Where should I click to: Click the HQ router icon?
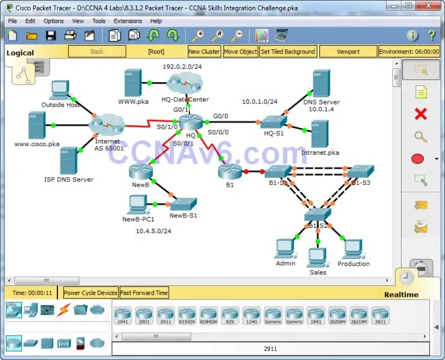coord(189,122)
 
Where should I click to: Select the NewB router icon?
coord(140,170)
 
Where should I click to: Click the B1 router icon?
coord(230,171)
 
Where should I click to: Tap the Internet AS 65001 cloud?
coord(107,125)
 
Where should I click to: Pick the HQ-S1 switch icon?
coord(273,122)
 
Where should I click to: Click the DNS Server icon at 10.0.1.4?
coord(320,83)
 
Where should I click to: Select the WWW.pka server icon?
coord(133,83)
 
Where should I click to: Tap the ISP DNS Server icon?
coord(68,161)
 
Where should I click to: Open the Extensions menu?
coord(127,21)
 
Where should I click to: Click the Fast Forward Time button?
coord(144,293)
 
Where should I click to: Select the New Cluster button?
coord(204,52)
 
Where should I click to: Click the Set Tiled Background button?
coord(288,52)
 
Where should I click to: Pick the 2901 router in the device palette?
coord(144,316)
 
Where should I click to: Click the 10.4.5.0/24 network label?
coord(154,231)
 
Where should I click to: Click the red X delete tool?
coord(421,114)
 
